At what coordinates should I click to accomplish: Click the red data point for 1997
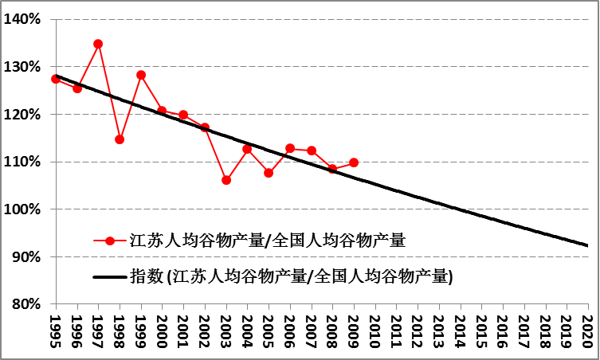tap(98, 44)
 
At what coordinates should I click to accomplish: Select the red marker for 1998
tap(120, 139)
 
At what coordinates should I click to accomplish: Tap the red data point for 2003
tap(226, 180)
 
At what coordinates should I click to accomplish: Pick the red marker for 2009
tap(354, 162)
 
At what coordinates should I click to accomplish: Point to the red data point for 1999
tap(141, 75)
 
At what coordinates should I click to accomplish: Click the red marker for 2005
tap(269, 173)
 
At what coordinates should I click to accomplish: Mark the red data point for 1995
tap(56, 79)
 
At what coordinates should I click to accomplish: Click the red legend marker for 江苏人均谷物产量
tap(110, 240)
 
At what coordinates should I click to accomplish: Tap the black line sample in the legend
tap(110, 277)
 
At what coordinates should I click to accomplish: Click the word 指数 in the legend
tap(145, 277)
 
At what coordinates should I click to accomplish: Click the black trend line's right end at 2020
tap(587, 245)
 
